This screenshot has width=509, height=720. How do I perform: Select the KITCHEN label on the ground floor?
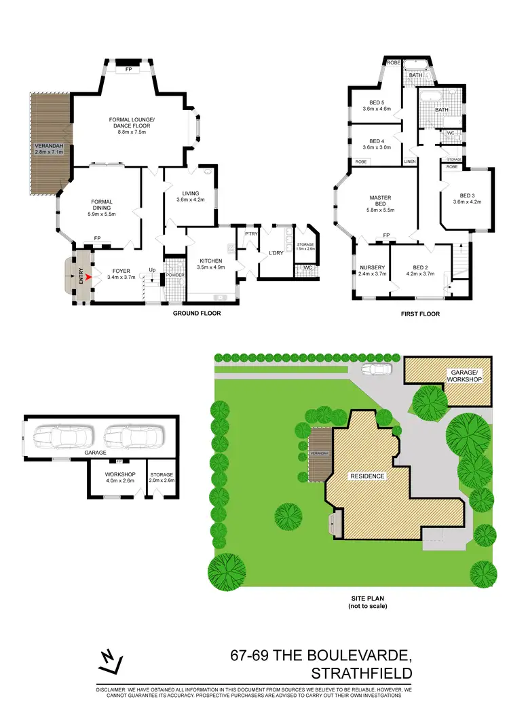coord(211,260)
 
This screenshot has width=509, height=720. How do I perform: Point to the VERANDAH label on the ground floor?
coord(48,146)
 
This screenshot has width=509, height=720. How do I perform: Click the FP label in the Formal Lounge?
coord(128,69)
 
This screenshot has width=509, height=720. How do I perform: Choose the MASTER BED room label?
coord(380,198)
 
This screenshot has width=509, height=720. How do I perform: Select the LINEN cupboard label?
coord(410,162)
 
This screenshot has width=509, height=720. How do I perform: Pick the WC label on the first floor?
coord(450,134)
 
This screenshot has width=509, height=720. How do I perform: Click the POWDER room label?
coord(175,275)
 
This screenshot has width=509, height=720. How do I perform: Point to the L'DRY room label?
coord(276,253)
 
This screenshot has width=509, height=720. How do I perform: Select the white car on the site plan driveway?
coord(376,370)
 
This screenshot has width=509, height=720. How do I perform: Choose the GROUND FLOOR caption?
coord(197,314)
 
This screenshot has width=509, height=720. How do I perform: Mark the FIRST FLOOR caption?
coord(420,314)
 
